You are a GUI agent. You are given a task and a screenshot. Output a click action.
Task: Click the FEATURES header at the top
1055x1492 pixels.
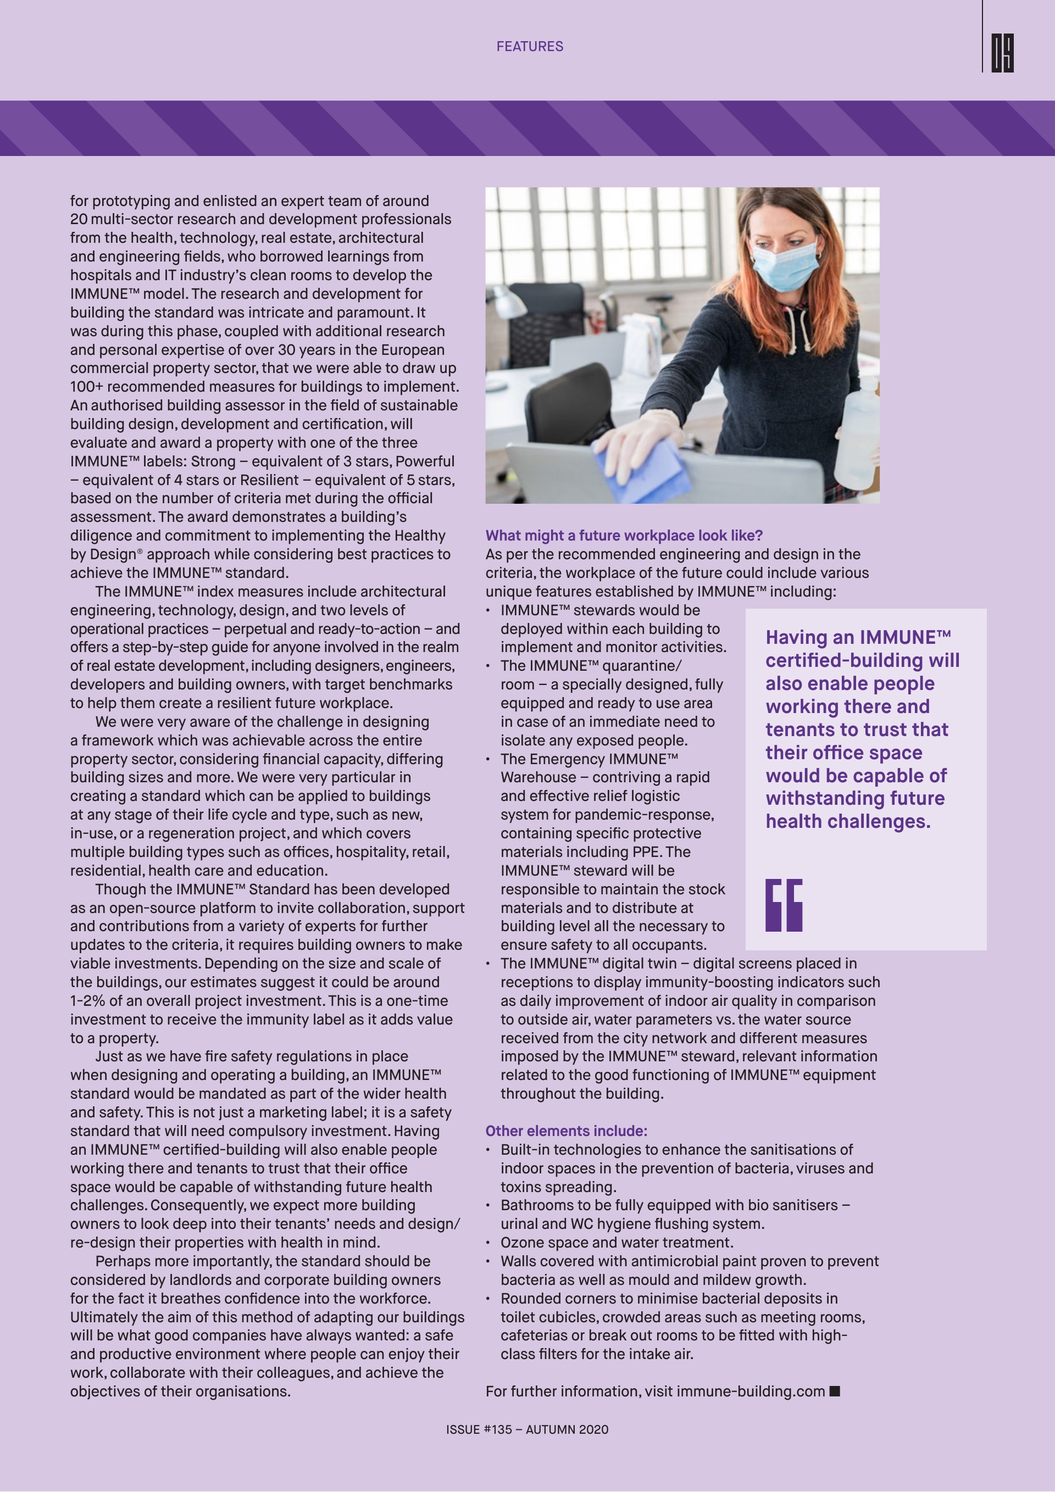pos(530,46)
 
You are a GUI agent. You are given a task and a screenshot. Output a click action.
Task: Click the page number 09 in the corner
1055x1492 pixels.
pos(1002,53)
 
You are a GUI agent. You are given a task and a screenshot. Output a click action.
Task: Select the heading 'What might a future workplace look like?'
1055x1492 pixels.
pos(623,536)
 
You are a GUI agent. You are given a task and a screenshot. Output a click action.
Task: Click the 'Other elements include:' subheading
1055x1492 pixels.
pos(565,1131)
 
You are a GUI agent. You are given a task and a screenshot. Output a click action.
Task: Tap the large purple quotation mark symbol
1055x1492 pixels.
pos(784,905)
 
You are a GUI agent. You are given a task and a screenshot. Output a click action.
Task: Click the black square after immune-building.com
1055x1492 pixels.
pos(835,1390)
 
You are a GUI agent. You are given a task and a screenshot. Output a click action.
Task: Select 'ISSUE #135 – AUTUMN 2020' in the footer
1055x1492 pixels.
pos(527,1429)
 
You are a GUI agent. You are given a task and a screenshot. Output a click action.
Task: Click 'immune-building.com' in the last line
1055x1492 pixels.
pos(751,1391)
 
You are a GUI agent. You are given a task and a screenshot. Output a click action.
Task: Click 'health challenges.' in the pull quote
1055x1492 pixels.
pos(848,821)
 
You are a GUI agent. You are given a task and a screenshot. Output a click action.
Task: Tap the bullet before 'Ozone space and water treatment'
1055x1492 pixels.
pos(488,1243)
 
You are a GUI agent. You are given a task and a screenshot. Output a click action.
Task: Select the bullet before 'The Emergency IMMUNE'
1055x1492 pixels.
pos(488,760)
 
